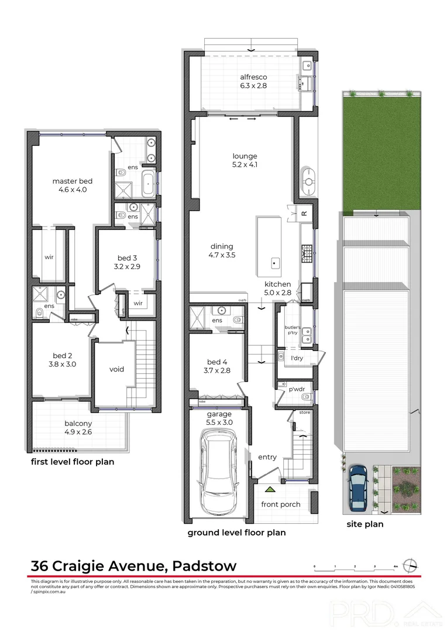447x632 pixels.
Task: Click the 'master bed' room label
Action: pyautogui.click(x=73, y=181)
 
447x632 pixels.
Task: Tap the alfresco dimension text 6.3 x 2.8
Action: pyautogui.click(x=253, y=85)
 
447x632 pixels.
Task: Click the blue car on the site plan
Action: pyautogui.click(x=357, y=486)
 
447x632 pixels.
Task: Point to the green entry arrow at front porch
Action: pyautogui.click(x=269, y=489)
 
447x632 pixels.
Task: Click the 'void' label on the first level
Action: pyautogui.click(x=117, y=369)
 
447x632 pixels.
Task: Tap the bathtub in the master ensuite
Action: pyautogui.click(x=149, y=183)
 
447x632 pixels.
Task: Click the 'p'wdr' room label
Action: pyautogui.click(x=286, y=388)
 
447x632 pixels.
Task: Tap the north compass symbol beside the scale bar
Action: pyautogui.click(x=413, y=565)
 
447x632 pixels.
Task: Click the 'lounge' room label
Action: pyautogui.click(x=245, y=156)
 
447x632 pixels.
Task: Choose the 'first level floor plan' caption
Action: pyautogui.click(x=72, y=462)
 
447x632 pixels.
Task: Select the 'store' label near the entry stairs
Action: pyautogui.click(x=304, y=413)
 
